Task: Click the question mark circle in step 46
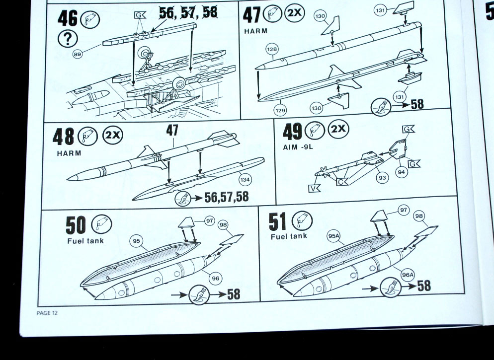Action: (x=68, y=39)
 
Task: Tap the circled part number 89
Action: (x=78, y=54)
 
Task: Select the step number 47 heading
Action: (x=252, y=14)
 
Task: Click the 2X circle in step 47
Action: (x=295, y=13)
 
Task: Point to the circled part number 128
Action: (x=272, y=49)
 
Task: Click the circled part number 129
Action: (x=280, y=110)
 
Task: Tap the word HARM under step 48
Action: (x=69, y=153)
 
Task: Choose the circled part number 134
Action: (x=245, y=180)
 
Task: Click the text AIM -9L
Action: (x=298, y=147)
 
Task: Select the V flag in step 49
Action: (x=314, y=188)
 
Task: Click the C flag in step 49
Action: (x=342, y=182)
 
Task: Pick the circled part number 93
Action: (x=382, y=178)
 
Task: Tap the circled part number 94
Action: (x=401, y=172)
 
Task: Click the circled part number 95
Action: (x=136, y=241)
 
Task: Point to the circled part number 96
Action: (x=216, y=278)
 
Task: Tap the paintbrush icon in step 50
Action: (x=199, y=295)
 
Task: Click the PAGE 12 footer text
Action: (x=47, y=313)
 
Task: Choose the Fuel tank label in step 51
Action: (x=289, y=236)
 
